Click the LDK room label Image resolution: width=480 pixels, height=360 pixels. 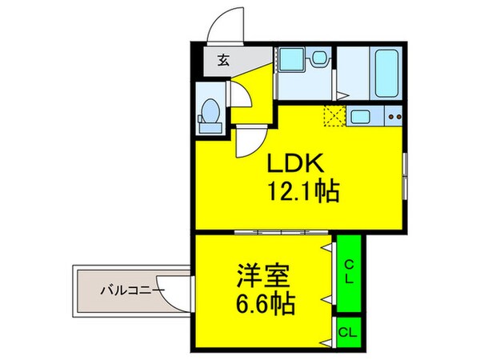pos(294,165)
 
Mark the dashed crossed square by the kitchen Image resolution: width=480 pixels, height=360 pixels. pos(333,117)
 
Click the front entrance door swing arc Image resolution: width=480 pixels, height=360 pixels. pos(223,24)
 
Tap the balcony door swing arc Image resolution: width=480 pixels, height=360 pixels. pos(178,299)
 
